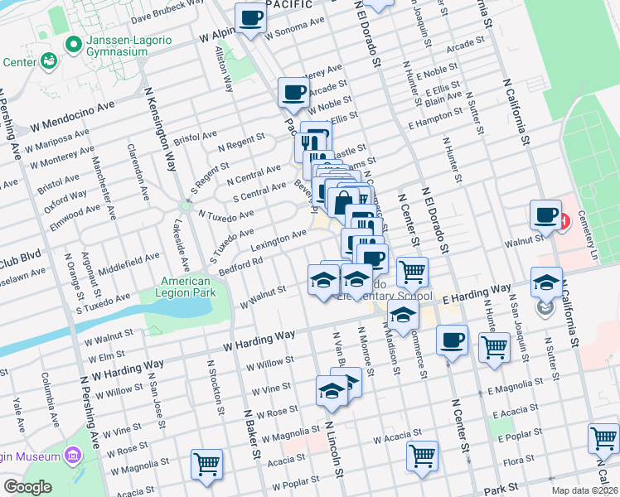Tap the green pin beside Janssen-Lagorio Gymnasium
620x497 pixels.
coord(75,43)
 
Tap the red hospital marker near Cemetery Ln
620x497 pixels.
coord(564,221)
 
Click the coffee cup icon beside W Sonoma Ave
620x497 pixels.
coord(252,18)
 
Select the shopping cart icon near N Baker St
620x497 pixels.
coord(206,463)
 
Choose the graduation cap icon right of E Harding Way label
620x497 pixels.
coord(547,282)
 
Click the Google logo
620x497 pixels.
coord(27,487)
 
